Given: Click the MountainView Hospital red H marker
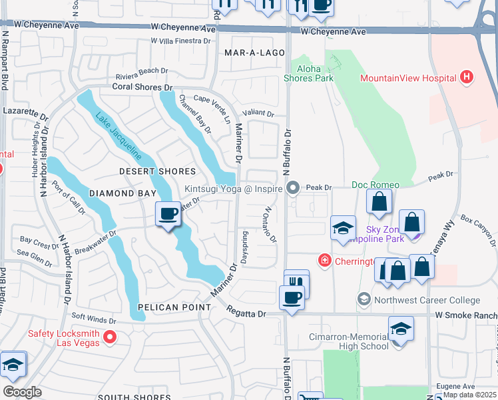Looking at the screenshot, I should [467, 78].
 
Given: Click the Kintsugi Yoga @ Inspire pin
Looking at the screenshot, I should [292, 189].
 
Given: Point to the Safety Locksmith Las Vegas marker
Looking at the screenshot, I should [111, 338].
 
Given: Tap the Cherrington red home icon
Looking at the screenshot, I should [324, 260].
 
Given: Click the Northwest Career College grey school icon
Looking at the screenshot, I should [364, 300].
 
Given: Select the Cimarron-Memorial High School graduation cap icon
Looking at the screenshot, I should [401, 329].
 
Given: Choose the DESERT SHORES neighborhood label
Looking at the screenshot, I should [157, 171].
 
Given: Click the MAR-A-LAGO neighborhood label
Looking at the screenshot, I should [250, 51].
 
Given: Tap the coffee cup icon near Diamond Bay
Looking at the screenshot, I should [168, 214].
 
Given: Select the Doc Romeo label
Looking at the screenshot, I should [375, 185].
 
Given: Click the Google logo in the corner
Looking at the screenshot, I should [22, 392].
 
